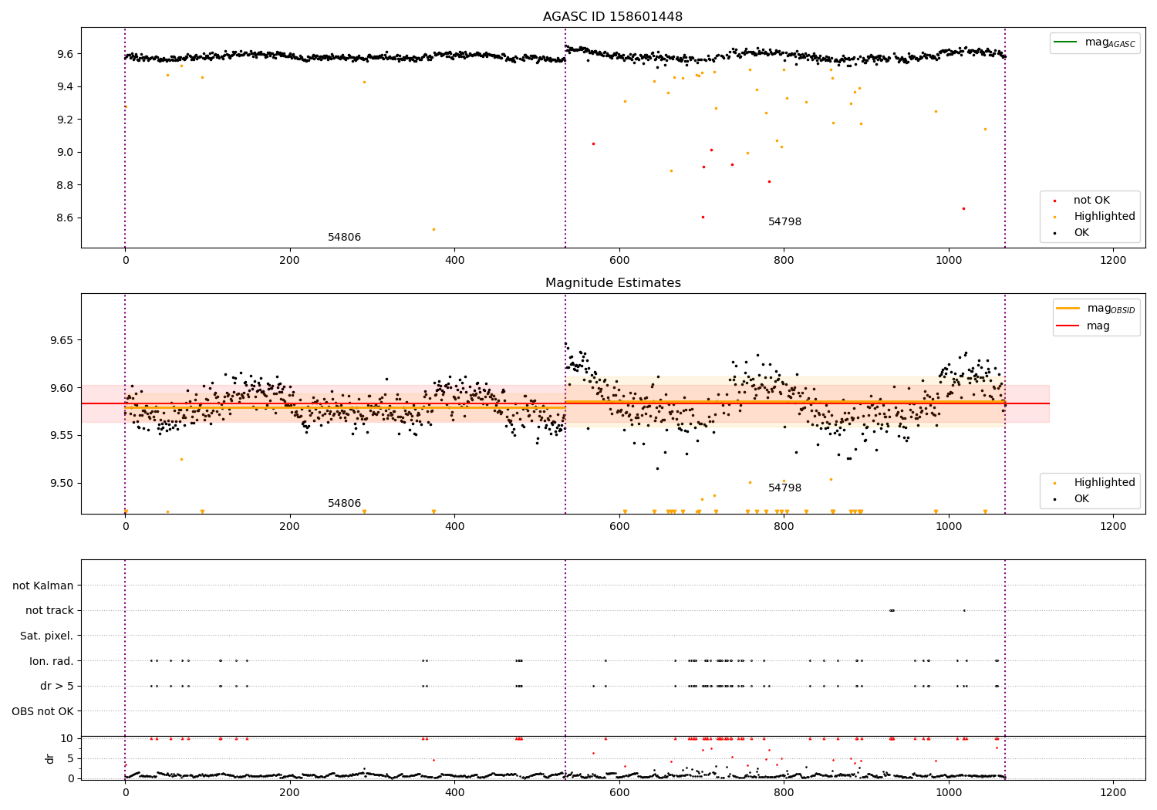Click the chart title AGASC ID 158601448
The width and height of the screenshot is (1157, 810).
tap(612, 17)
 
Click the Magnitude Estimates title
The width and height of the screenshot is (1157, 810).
tap(612, 283)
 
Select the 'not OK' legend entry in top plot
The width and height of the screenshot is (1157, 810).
tap(1091, 201)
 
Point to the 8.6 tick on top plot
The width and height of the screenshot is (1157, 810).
tap(65, 218)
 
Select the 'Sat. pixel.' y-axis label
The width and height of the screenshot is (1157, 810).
tap(46, 636)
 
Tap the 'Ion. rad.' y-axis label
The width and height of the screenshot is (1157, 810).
tap(51, 661)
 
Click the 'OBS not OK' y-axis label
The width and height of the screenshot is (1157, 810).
tap(43, 711)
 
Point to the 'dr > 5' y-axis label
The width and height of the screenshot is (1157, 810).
tap(56, 686)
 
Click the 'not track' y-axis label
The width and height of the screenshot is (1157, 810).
tap(49, 610)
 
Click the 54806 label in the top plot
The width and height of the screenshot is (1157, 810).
tap(344, 238)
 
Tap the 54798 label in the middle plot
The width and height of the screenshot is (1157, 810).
tap(784, 488)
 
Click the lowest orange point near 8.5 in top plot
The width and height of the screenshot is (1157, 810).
tap(433, 229)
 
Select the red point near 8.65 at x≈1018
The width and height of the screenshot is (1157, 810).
tap(963, 208)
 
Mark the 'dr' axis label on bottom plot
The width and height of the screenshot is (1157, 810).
tap(50, 758)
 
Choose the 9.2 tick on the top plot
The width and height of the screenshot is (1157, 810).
tap(65, 120)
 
